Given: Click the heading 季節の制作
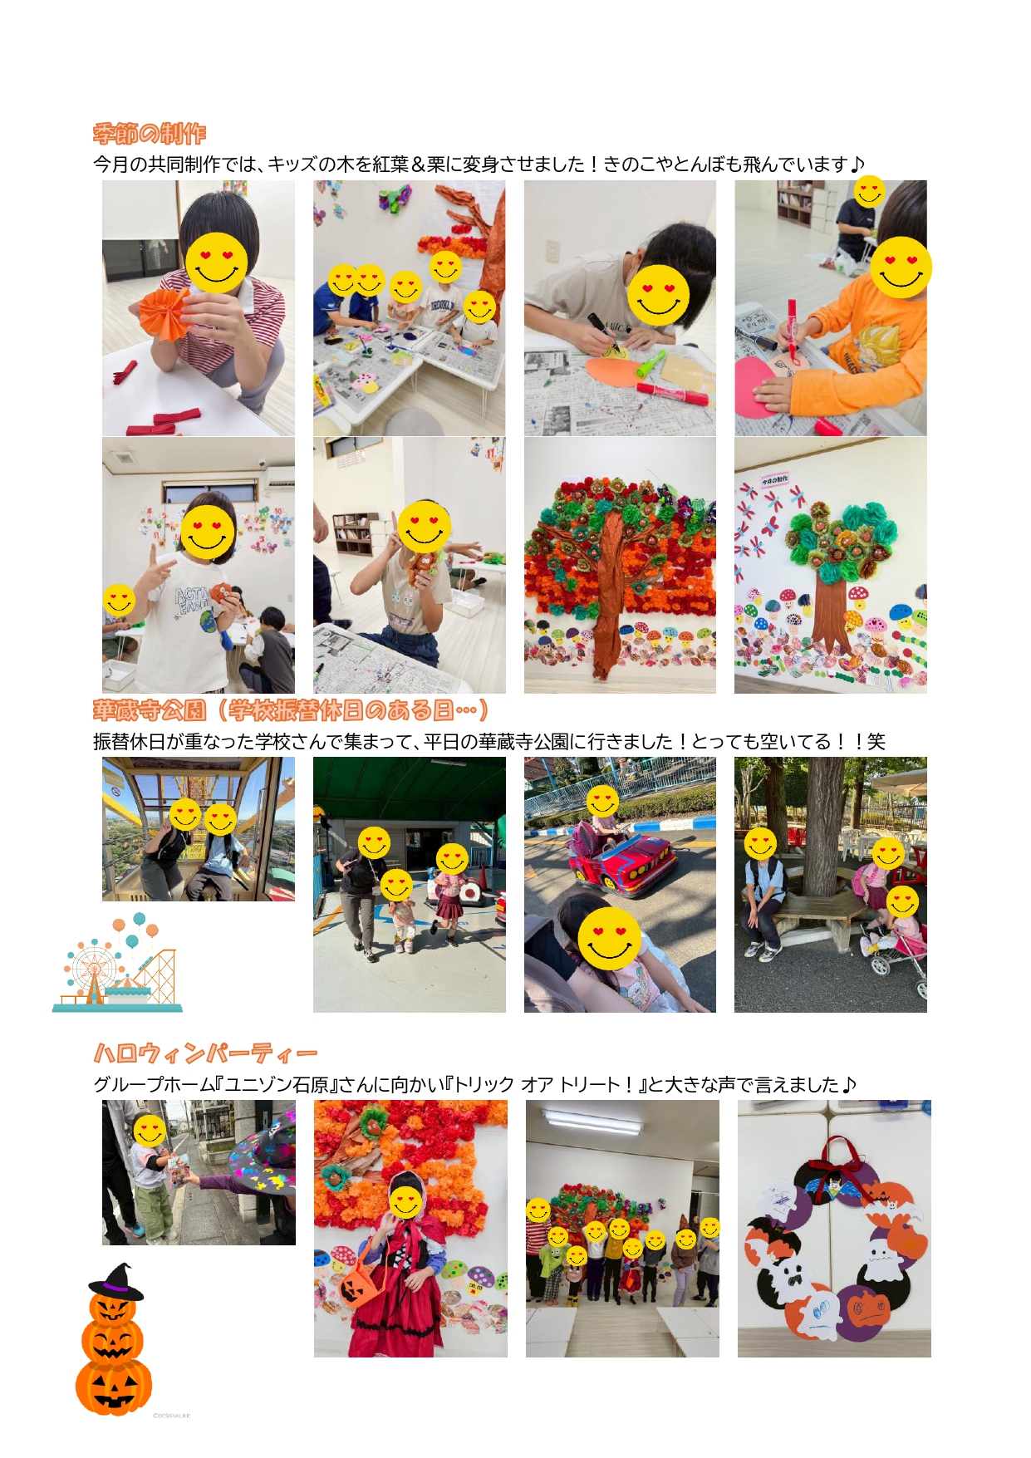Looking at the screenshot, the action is tap(150, 134).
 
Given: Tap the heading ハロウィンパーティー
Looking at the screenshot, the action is tap(205, 1053).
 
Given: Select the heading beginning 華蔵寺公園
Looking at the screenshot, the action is tap(291, 710).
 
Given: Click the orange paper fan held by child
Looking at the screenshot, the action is tap(163, 314).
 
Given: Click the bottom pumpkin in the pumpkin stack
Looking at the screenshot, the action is tap(114, 1386).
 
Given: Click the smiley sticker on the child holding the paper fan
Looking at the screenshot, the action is tap(217, 263).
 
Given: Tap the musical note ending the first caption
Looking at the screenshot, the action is tap(857, 164).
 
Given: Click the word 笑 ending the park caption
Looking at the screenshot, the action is tap(876, 742).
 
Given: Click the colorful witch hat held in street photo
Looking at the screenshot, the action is tap(264, 1157).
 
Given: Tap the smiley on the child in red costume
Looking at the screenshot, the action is tap(405, 1201).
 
